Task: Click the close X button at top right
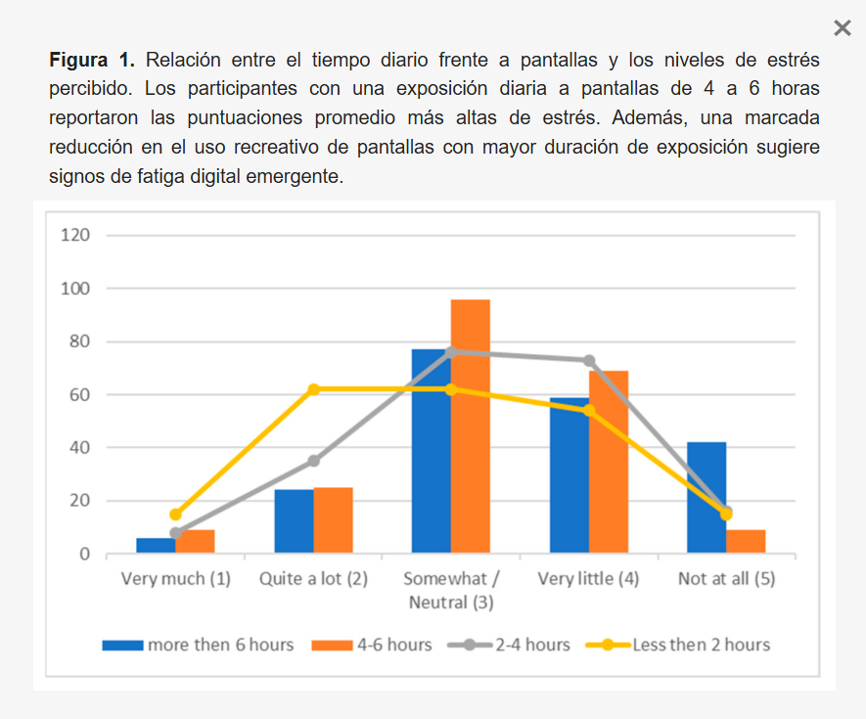pyautogui.click(x=842, y=28)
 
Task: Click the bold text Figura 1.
pyautogui.click(x=93, y=61)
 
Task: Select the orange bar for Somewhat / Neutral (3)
pyautogui.click(x=471, y=427)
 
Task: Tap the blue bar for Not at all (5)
pyautogui.click(x=706, y=498)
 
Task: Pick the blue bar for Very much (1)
pyautogui.click(x=155, y=546)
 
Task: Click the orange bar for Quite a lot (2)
pyautogui.click(x=334, y=520)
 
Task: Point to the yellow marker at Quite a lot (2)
pyautogui.click(x=314, y=389)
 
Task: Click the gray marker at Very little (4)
pyautogui.click(x=589, y=361)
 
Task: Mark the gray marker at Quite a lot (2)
pyautogui.click(x=314, y=461)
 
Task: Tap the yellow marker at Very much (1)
pyautogui.click(x=176, y=515)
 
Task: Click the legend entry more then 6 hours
pyautogui.click(x=199, y=645)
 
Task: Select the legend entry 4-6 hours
pyautogui.click(x=374, y=645)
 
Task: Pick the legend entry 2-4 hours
pyautogui.click(x=510, y=645)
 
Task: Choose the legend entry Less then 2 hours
pyautogui.click(x=678, y=645)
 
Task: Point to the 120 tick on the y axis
pyautogui.click(x=76, y=236)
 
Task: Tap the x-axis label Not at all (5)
pyautogui.click(x=726, y=578)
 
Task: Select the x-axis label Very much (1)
pyautogui.click(x=176, y=578)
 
